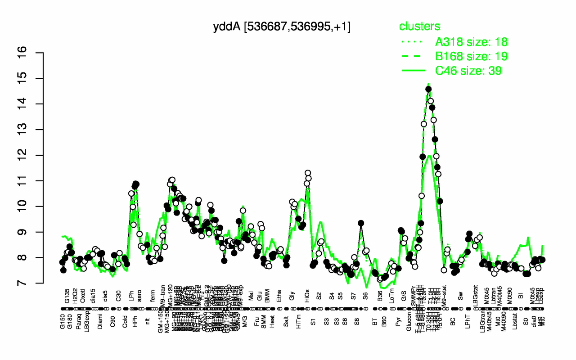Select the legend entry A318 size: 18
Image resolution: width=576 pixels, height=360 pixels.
471,42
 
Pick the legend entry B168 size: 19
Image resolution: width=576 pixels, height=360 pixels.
471,56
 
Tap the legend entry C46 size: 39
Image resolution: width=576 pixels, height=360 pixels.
468,71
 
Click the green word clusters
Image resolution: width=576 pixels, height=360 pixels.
419,27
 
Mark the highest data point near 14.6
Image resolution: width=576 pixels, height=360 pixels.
428,89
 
